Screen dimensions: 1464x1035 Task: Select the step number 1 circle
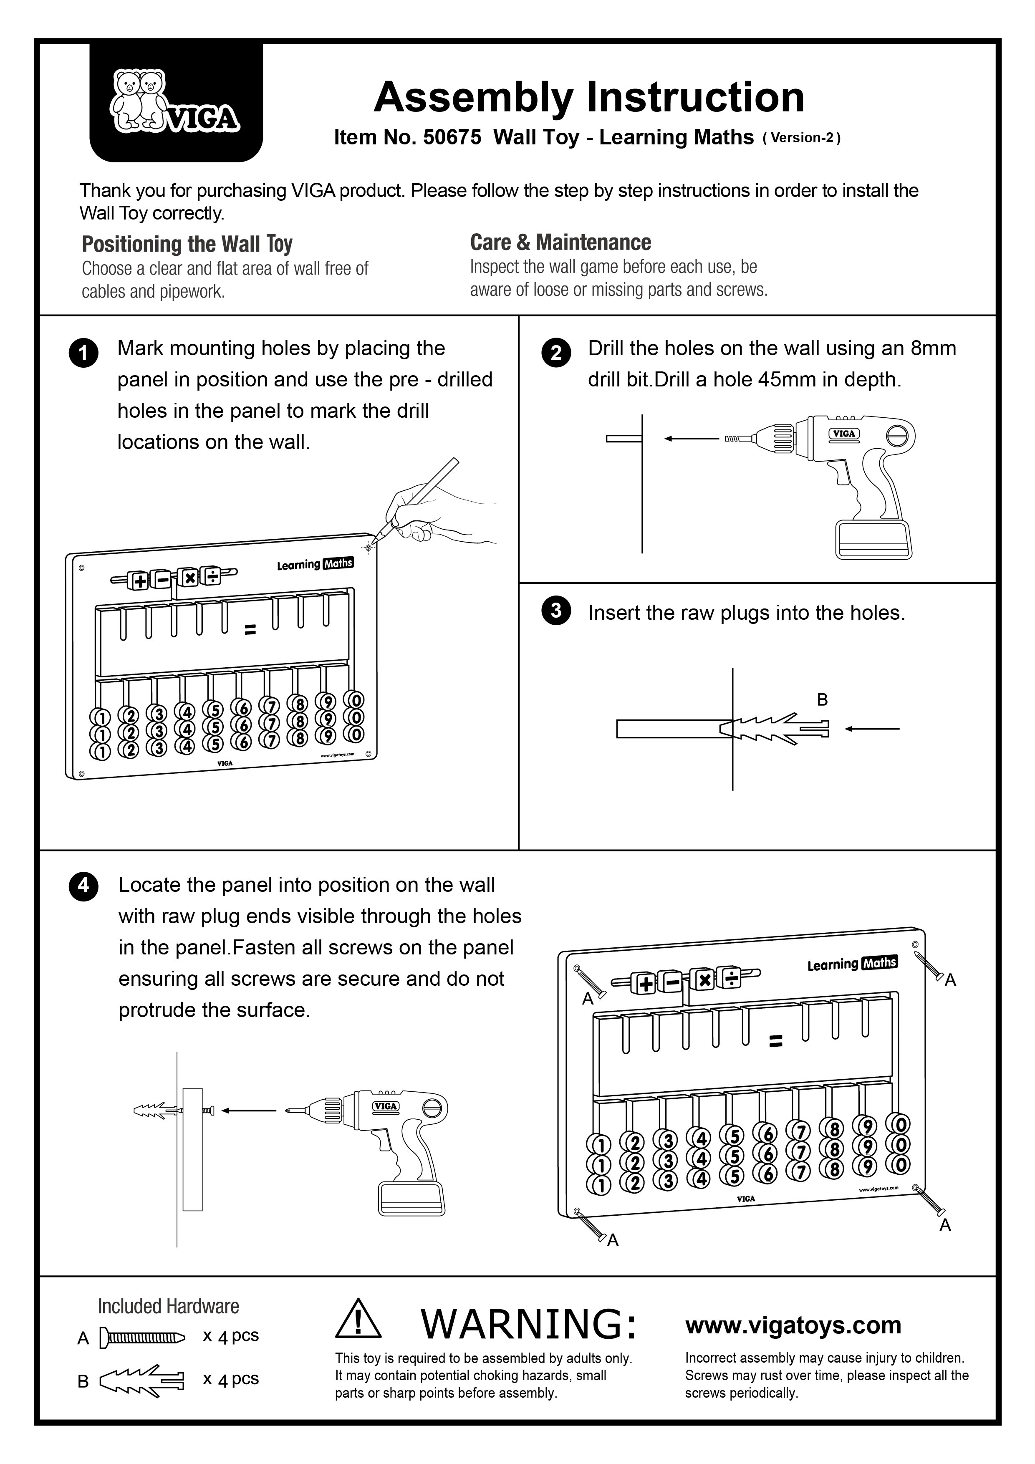83,354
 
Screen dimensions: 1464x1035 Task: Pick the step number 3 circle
555,611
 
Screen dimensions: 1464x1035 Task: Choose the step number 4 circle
83,887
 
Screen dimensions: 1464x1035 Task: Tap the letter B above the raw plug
822,700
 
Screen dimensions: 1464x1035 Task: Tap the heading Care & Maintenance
560,242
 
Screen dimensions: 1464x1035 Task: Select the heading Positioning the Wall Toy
187,244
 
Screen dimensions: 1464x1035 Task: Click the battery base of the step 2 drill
873,540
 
